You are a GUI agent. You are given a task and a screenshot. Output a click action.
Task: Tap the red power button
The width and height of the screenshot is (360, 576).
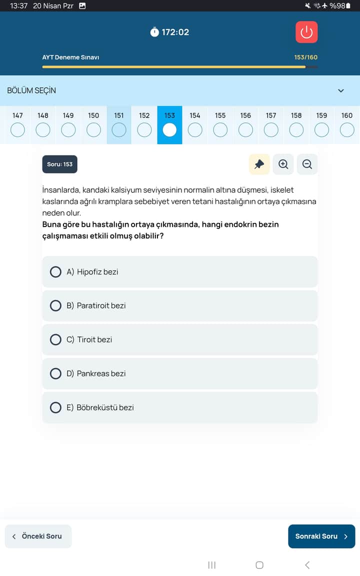pyautogui.click(x=306, y=32)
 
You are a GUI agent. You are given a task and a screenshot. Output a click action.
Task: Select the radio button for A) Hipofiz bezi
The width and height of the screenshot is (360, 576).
pyautogui.click(x=56, y=271)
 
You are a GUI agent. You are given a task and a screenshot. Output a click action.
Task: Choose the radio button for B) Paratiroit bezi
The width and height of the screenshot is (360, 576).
pyautogui.click(x=56, y=305)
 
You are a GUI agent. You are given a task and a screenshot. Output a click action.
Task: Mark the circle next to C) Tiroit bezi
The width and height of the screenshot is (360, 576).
pyautogui.click(x=56, y=339)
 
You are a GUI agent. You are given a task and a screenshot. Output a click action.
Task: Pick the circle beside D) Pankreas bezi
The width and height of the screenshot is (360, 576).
pyautogui.click(x=56, y=373)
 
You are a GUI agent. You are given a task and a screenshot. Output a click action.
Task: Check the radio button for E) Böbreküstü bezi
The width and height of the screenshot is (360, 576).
pyautogui.click(x=56, y=407)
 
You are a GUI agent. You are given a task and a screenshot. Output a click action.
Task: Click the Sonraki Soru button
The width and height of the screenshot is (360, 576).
pyautogui.click(x=321, y=536)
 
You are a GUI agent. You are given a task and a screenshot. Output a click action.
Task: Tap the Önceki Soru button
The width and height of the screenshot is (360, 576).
pyautogui.click(x=38, y=536)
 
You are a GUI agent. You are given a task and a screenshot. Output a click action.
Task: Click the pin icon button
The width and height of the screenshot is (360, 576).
pyautogui.click(x=259, y=164)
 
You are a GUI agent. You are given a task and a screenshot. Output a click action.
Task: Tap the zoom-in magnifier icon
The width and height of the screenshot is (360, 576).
pyautogui.click(x=283, y=164)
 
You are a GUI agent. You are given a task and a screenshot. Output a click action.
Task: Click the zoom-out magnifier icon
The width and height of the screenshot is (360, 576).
pyautogui.click(x=307, y=164)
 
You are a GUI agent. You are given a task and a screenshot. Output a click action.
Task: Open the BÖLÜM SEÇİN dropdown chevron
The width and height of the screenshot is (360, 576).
pyautogui.click(x=341, y=90)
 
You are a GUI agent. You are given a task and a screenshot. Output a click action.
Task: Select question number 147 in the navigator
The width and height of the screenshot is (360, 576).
pyautogui.click(x=17, y=130)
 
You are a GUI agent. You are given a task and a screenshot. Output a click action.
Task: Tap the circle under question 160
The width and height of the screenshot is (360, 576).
pyautogui.click(x=347, y=130)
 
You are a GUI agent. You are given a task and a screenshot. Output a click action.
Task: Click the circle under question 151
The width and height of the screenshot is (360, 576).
pyautogui.click(x=119, y=130)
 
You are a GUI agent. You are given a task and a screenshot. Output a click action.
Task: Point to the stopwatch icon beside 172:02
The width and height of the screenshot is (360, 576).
pyautogui.click(x=154, y=32)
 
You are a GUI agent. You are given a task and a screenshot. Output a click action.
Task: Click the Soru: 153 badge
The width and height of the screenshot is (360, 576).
pyautogui.click(x=60, y=164)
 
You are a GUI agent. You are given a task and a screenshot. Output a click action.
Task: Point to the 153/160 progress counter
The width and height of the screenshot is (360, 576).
pyautogui.click(x=305, y=57)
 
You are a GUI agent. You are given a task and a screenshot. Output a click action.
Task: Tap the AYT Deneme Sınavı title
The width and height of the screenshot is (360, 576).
pyautogui.click(x=70, y=57)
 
